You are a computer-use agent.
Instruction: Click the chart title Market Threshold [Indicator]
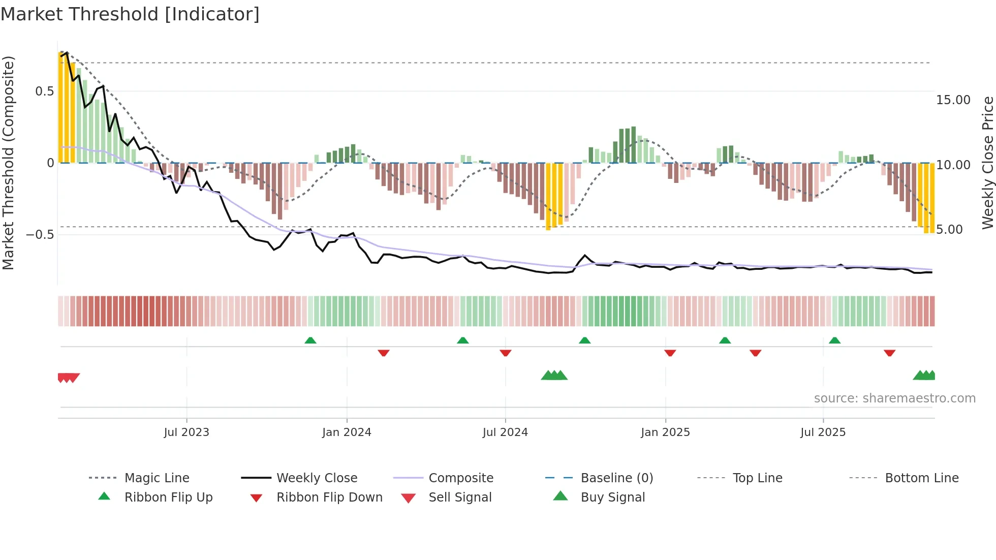pyautogui.click(x=130, y=14)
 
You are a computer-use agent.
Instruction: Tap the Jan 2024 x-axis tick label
pyautogui.click(x=347, y=432)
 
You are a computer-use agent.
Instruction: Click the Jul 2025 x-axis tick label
pyautogui.click(x=823, y=432)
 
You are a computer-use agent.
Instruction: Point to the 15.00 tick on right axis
pyautogui.click(x=953, y=100)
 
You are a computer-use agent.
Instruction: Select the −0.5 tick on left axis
pyautogui.click(x=40, y=235)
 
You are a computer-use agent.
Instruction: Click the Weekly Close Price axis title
pyautogui.click(x=987, y=163)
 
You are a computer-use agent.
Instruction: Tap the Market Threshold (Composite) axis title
pyautogui.click(x=8, y=163)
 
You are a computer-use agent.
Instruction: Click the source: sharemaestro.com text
pyautogui.click(x=894, y=398)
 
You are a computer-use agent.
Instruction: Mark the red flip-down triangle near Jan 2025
pyautogui.click(x=670, y=353)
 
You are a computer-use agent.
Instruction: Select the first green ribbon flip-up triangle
pyautogui.click(x=310, y=340)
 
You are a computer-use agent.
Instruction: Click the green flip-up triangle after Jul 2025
pyautogui.click(x=834, y=340)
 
